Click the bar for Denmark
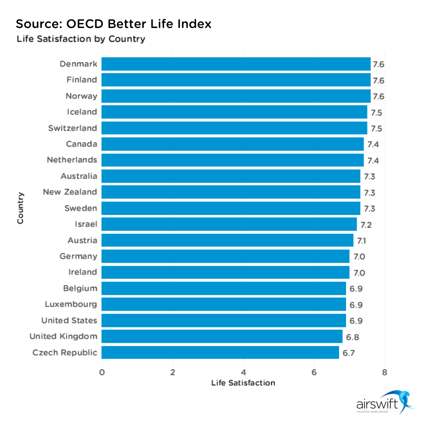pos(236,64)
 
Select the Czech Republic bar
pos(220,353)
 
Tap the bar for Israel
pos(229,224)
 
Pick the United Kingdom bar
pos(222,336)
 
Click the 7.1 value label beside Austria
pos(362,241)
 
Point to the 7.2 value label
pos(366,225)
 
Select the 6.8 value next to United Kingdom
pos(352,337)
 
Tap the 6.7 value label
pos(349,353)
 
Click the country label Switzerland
pos(73,128)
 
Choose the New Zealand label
pos(70,192)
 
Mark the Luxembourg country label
pos(71,304)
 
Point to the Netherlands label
pos(72,160)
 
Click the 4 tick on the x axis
pos(243,372)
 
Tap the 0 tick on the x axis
pos(102,372)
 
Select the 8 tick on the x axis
pos(385,372)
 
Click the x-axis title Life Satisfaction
pos(243,383)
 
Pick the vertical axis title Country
pos(21,208)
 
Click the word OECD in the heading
pos(81,24)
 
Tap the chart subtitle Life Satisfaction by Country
pos(80,39)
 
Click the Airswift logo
pos(385,402)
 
